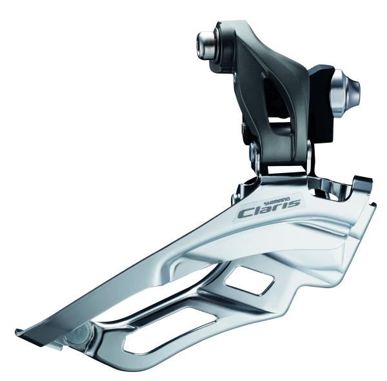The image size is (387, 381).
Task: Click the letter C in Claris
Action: pos(244,212)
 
